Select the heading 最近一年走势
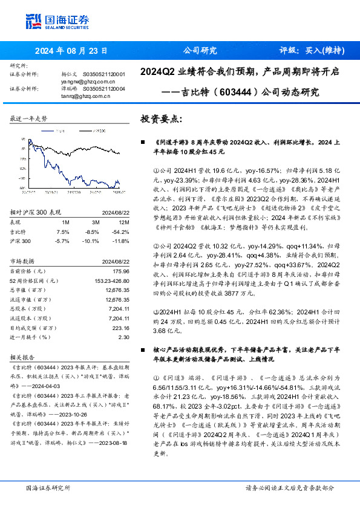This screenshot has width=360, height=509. [29, 118]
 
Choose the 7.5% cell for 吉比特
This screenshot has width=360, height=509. [62, 232]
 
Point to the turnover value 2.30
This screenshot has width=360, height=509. [124, 337]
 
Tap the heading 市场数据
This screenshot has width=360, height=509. [22, 261]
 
